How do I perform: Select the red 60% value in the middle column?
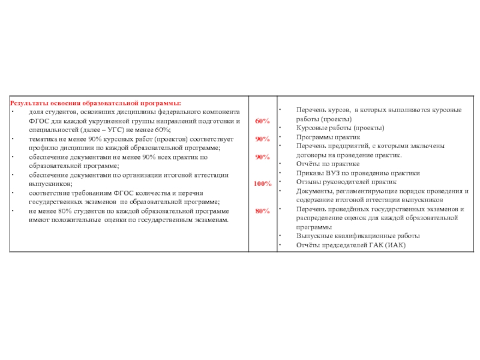tap(262, 121)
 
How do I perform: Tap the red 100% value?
tap(262, 184)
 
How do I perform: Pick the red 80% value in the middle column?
tap(262, 211)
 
